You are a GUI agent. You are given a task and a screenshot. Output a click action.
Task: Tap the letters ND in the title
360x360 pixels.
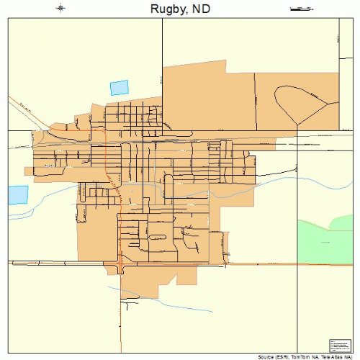pyautogui.click(x=202, y=9)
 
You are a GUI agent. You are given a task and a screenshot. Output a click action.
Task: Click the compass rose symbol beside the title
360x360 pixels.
pyautogui.click(x=60, y=9)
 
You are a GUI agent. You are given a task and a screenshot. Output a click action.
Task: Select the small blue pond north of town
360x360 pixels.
pyautogui.click(x=119, y=88)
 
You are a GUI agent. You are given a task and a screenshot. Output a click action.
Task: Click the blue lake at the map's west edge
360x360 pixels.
pyautogui.click(x=18, y=194)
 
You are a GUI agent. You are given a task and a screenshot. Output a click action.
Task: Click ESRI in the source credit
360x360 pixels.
pyautogui.click(x=286, y=356)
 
